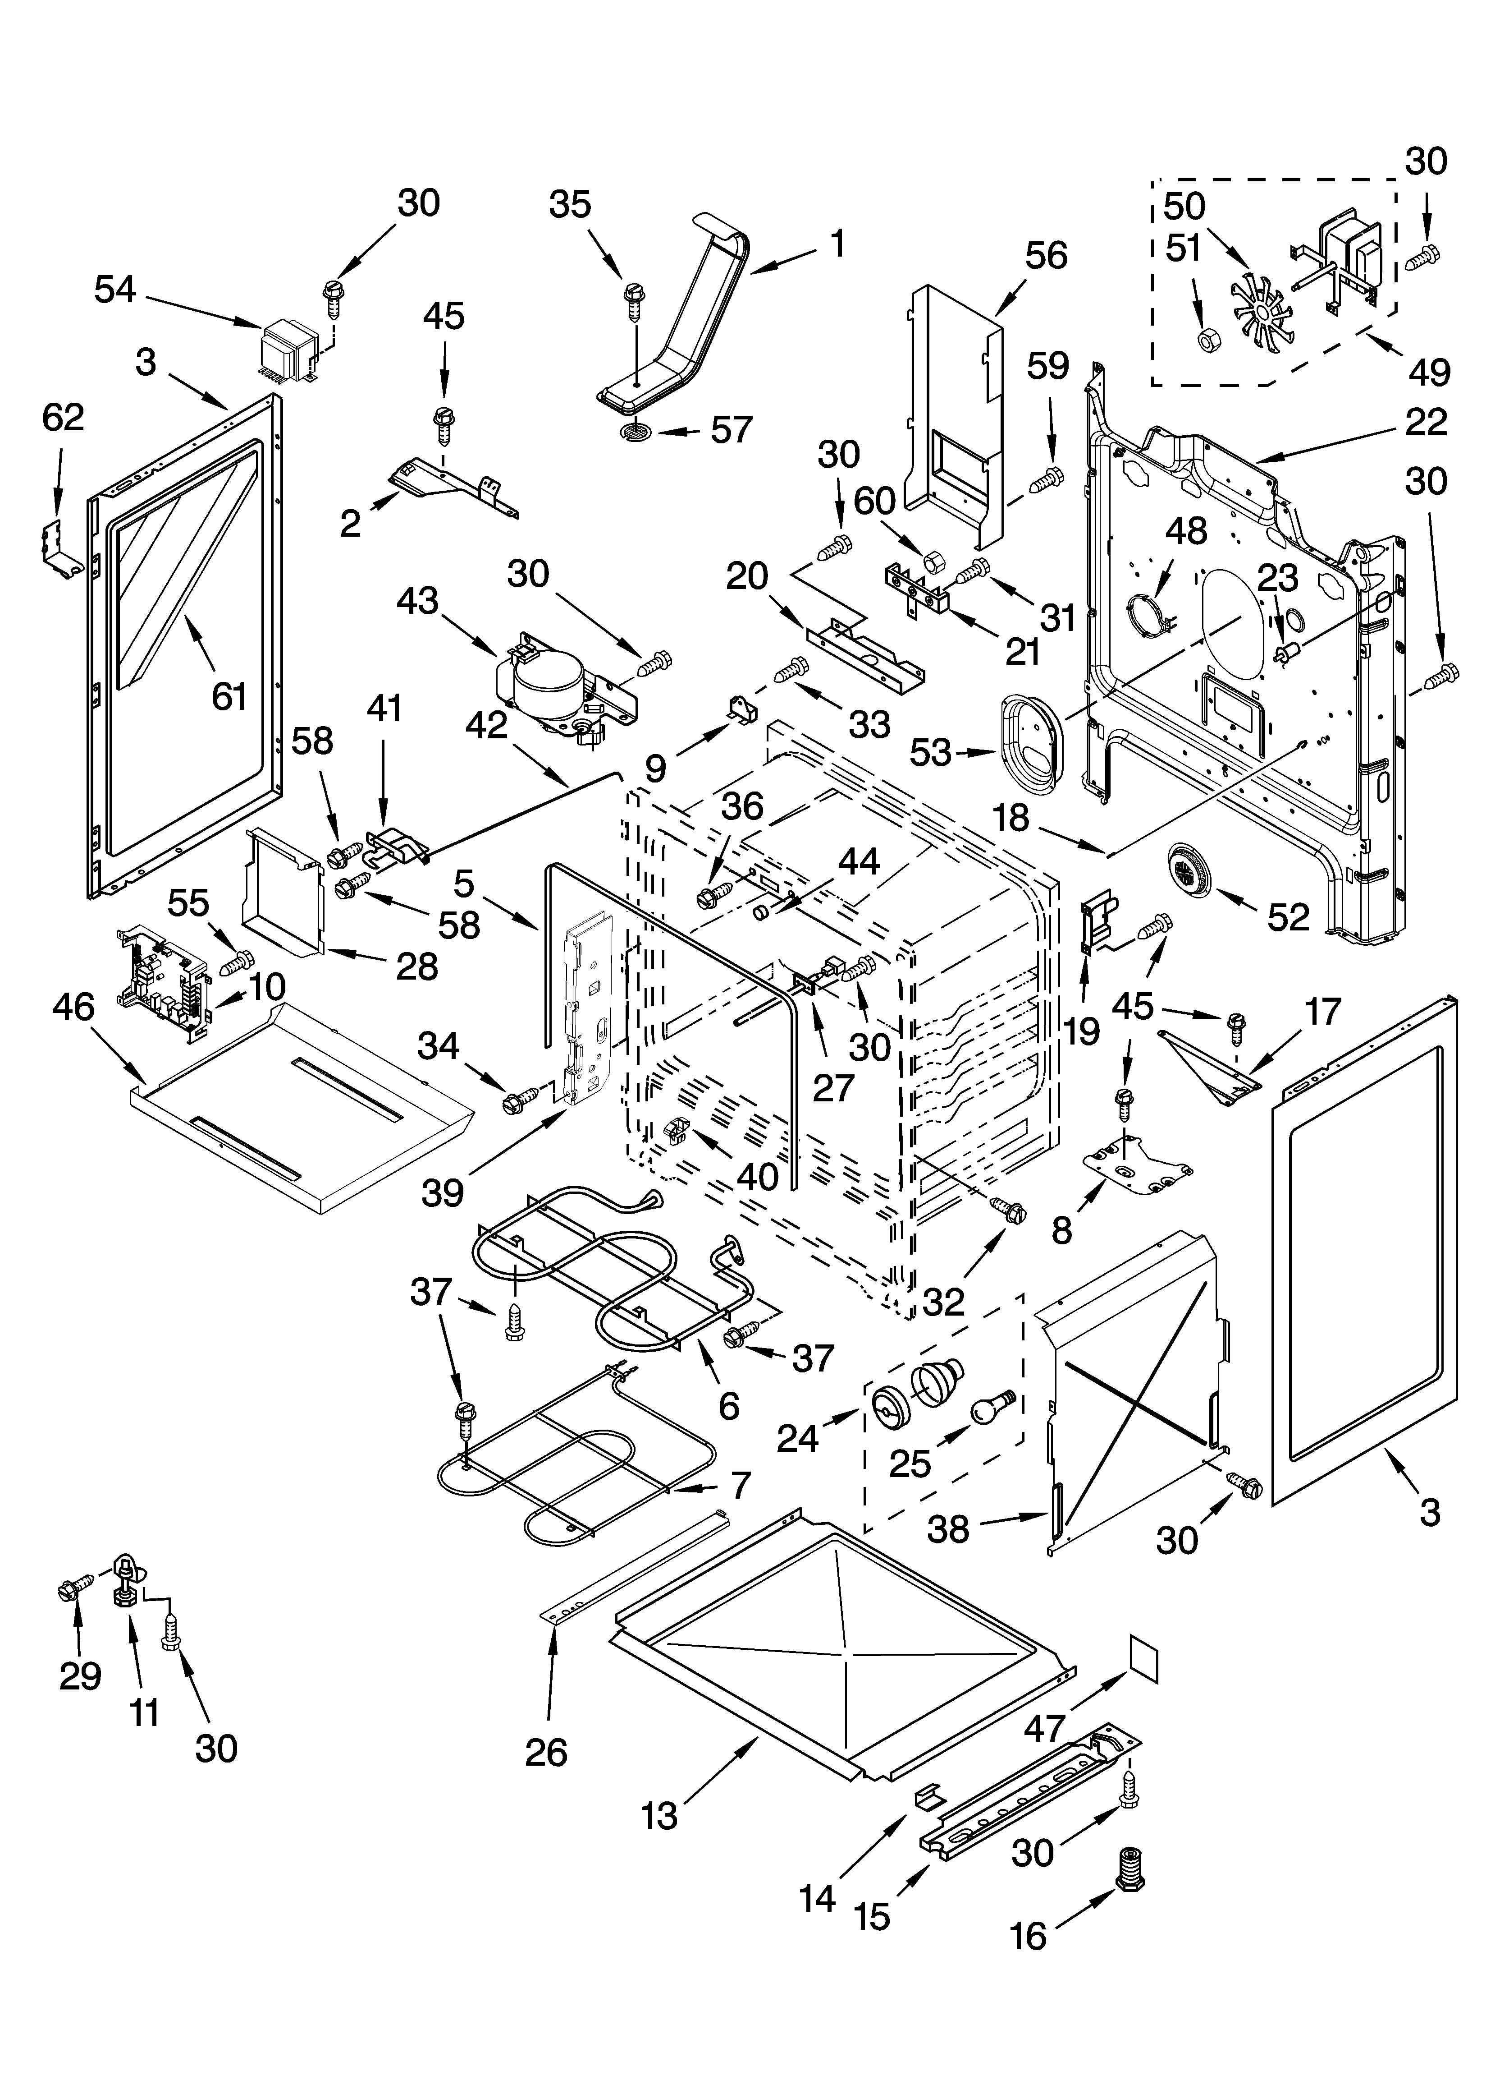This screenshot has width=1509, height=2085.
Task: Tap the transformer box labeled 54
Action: click(x=288, y=350)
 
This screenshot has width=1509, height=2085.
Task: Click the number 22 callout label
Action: click(x=1425, y=422)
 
